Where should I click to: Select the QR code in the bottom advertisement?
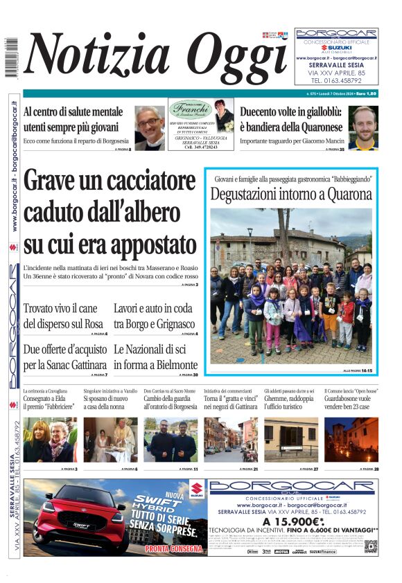pyautogui.click(x=371, y=546)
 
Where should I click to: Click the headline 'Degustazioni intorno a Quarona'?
pyautogui.click(x=291, y=195)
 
